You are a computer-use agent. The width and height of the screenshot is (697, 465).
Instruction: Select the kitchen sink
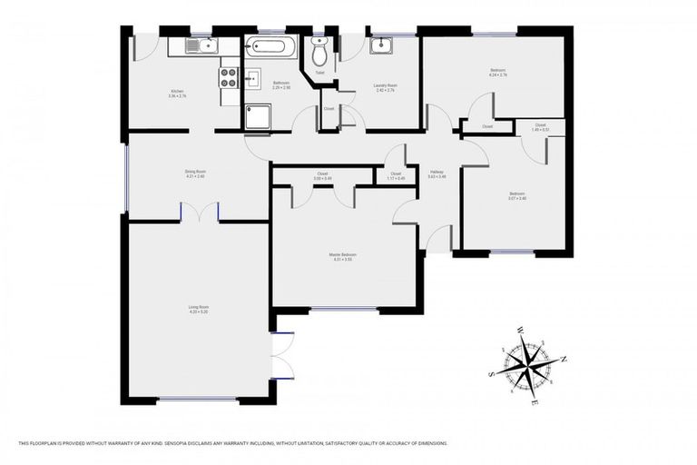[x=201, y=45]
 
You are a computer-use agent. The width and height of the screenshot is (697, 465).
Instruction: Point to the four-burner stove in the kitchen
[x=229, y=77]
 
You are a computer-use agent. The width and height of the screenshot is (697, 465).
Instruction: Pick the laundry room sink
[x=381, y=45]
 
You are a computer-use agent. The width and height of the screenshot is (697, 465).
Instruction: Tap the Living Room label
[x=199, y=309]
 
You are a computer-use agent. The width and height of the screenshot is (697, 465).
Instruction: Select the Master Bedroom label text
[x=342, y=257]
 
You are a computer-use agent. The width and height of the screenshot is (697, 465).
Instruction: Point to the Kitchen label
[x=178, y=91]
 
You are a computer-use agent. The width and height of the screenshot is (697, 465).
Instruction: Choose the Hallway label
[x=437, y=173]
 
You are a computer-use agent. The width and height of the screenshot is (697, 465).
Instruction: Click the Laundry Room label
[x=385, y=86]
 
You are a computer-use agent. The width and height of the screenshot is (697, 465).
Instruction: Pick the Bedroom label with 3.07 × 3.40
[x=515, y=193]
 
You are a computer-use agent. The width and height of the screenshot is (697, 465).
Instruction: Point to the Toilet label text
[x=319, y=72]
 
